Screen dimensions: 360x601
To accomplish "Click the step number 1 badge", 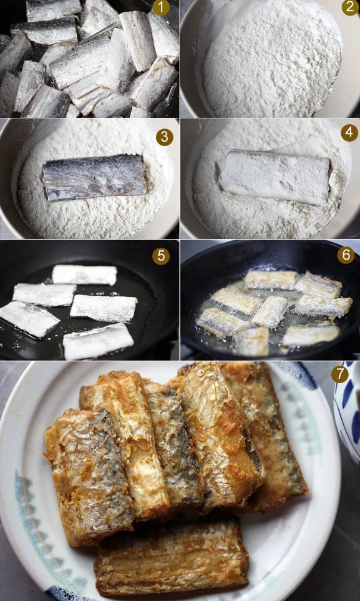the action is click(161, 7).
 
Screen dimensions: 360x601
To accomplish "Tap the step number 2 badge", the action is click(350, 7).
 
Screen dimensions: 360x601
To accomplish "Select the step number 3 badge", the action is click(165, 137).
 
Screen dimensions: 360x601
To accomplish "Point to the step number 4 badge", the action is click(349, 132).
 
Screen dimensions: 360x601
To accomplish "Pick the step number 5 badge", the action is click(161, 257).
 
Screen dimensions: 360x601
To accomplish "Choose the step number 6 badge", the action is click(346, 255).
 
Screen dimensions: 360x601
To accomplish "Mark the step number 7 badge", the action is click(340, 374).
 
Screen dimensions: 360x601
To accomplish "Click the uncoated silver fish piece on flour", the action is click(94, 177).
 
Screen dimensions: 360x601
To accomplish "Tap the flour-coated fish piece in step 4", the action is click(275, 177).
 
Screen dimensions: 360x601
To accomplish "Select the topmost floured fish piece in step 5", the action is click(84, 275).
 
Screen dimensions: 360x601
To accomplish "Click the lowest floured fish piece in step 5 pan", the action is click(99, 341).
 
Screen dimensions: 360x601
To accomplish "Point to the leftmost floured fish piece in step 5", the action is click(29, 318).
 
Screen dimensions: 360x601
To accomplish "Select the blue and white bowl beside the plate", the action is click(347, 412).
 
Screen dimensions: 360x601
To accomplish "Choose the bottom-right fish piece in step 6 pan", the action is click(311, 335).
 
